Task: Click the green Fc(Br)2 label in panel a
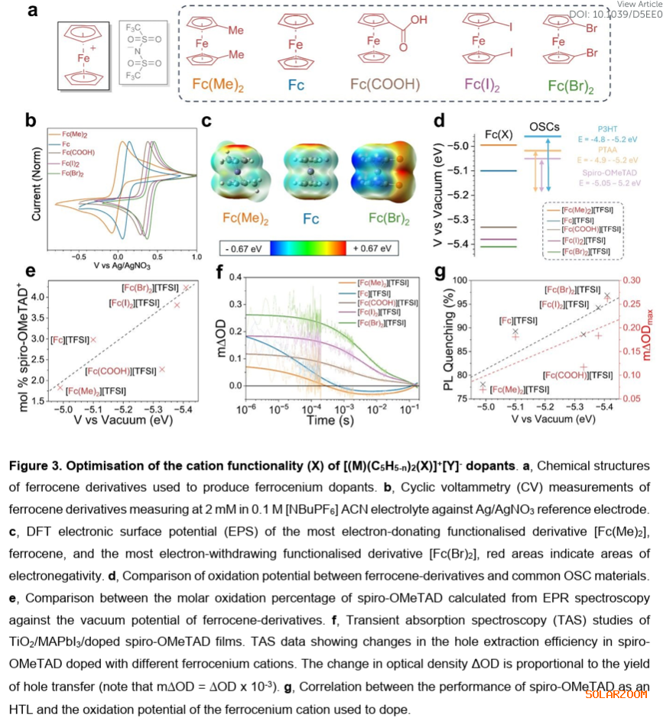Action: tap(568, 86)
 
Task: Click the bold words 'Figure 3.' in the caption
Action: tap(44, 466)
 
